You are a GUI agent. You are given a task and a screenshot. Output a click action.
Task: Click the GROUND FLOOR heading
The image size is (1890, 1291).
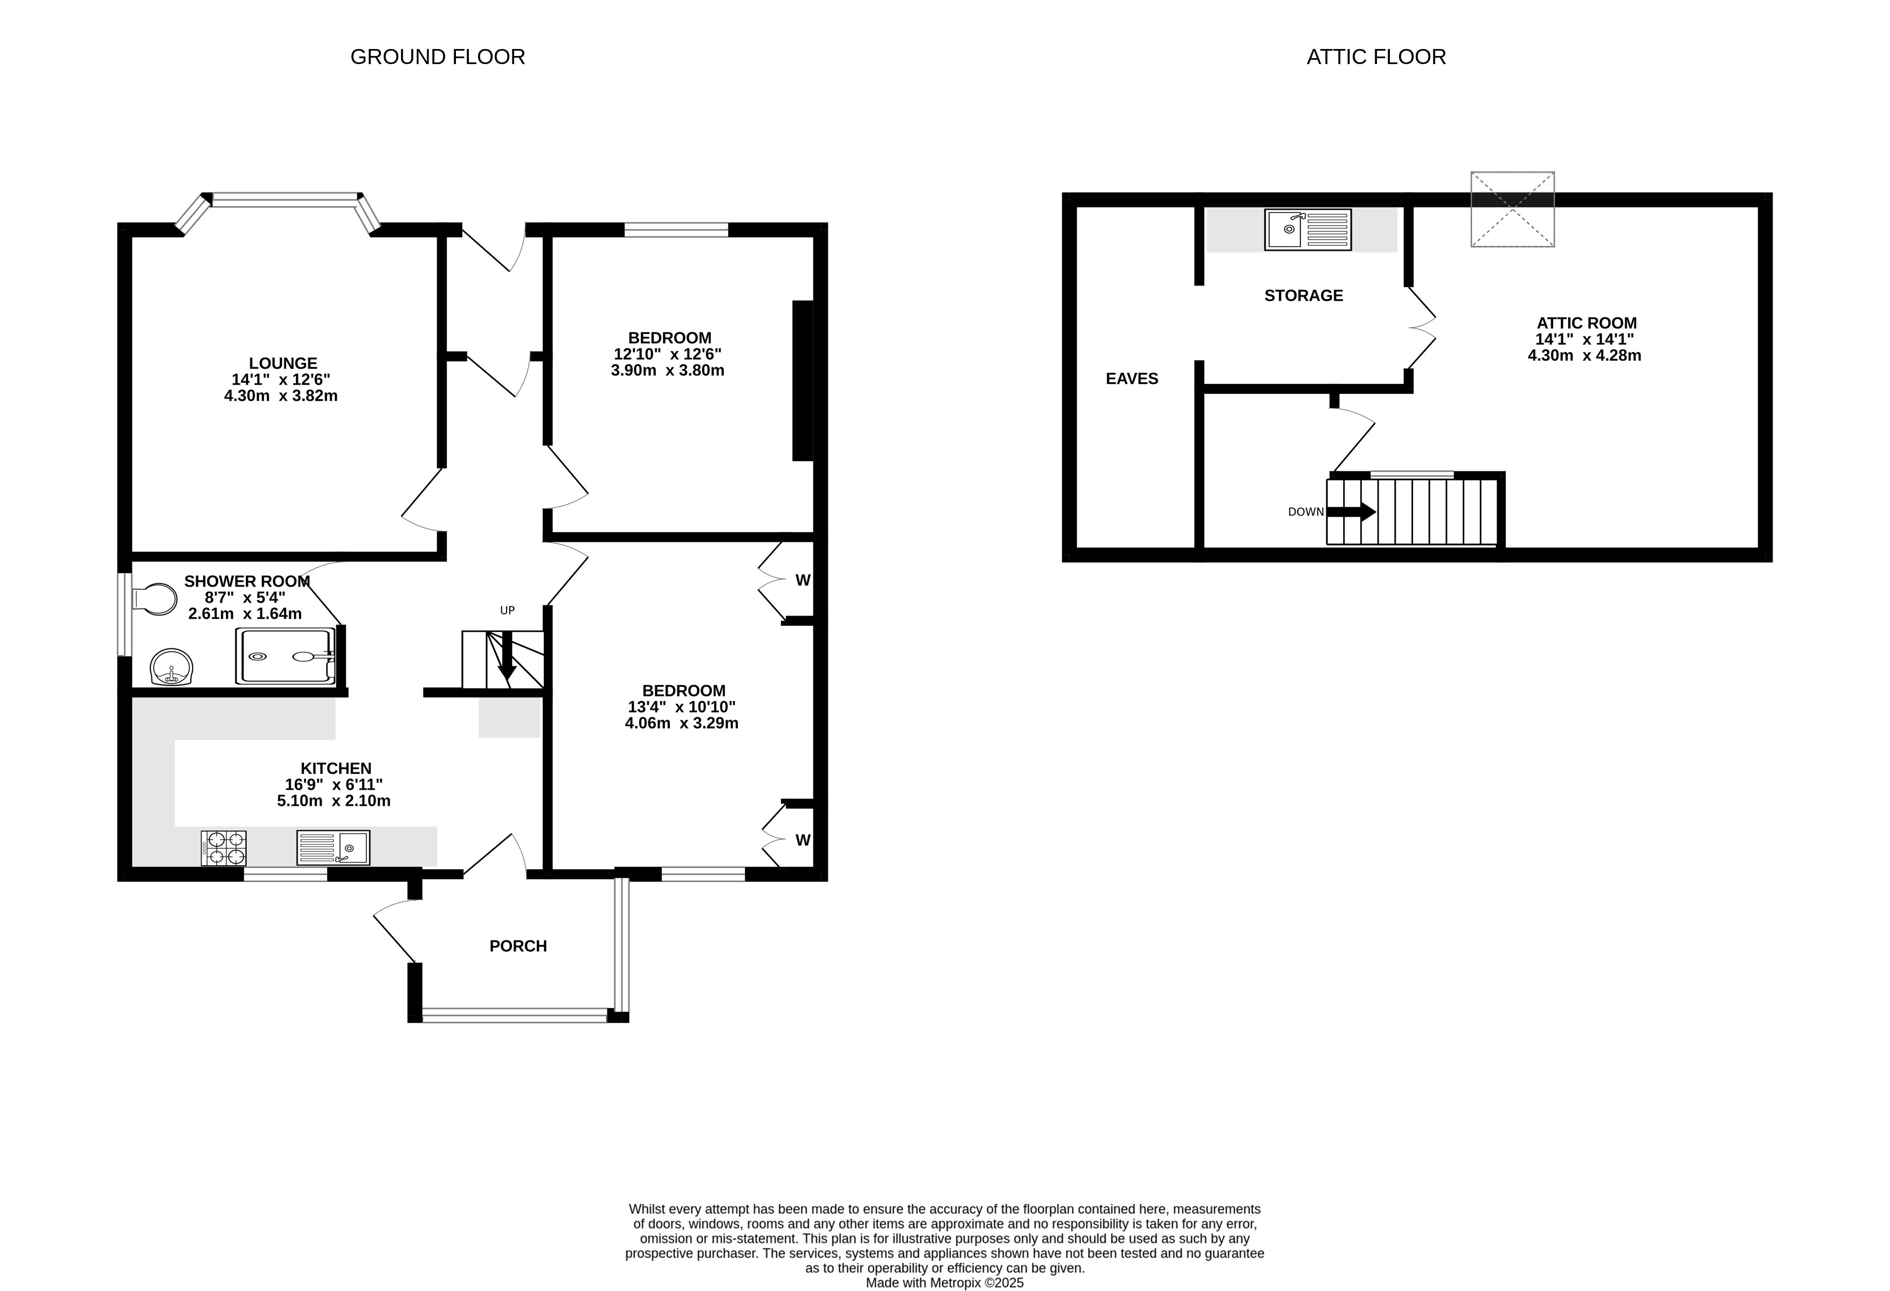point(438,57)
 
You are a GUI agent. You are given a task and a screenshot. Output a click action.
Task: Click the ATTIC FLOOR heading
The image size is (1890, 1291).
point(1376,57)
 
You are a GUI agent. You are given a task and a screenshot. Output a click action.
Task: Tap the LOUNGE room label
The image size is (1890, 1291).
point(283,364)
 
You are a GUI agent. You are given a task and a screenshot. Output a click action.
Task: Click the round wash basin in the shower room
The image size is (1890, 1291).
point(171,667)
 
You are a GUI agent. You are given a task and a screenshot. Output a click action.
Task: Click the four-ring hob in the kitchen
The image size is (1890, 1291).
point(224,848)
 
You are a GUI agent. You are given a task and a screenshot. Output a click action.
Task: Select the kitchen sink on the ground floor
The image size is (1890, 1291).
point(334,847)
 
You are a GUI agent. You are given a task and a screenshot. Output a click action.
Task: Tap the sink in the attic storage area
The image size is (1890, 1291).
point(1308,229)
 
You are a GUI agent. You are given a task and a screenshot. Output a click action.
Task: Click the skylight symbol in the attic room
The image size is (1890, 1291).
point(1513,209)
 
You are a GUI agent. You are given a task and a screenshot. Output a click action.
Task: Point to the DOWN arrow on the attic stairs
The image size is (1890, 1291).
point(1351,512)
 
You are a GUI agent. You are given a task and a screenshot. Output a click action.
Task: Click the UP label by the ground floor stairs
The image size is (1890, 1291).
point(508,611)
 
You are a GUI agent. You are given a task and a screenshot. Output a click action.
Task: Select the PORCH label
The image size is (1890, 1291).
point(518,946)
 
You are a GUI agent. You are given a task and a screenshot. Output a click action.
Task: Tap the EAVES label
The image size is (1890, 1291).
point(1132,379)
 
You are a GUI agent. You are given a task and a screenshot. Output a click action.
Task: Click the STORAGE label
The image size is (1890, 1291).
point(1304,296)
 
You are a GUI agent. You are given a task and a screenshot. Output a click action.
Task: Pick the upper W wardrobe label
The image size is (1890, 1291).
point(802,581)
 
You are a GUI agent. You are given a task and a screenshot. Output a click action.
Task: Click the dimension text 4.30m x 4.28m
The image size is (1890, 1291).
point(1585,355)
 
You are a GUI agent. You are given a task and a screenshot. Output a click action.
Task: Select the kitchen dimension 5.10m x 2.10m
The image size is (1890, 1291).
point(334,801)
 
